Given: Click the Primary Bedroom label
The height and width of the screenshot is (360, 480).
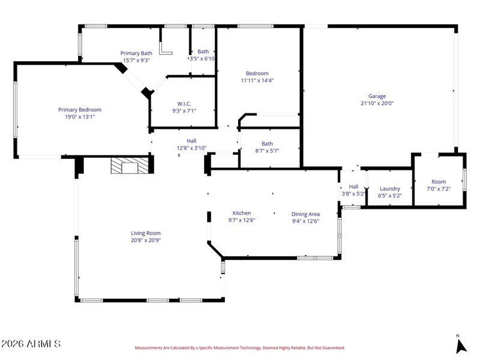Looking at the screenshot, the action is (80, 110).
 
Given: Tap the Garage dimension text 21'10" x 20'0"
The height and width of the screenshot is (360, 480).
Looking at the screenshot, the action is (377, 103).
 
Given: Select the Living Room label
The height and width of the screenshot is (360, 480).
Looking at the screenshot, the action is (146, 233).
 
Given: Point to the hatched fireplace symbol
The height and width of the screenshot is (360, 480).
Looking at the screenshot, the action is (130, 166).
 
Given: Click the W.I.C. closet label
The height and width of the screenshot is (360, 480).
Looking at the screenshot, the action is (184, 104).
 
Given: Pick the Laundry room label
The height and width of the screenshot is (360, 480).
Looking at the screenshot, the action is (389, 188).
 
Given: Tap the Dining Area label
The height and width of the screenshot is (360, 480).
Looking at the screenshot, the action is (305, 214).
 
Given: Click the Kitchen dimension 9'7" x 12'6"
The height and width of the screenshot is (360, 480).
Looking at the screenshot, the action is (242, 220).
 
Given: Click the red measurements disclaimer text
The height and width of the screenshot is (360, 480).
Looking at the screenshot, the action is (240, 348).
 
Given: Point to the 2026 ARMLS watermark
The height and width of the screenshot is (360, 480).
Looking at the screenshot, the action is (31, 343).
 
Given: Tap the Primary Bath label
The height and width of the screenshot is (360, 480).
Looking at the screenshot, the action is (136, 53).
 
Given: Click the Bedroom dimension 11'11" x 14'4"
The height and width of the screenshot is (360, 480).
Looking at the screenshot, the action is (257, 80).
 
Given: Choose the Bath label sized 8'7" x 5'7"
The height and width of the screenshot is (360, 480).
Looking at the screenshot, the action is (267, 143).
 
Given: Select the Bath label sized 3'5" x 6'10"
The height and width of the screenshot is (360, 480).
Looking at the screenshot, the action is (203, 52).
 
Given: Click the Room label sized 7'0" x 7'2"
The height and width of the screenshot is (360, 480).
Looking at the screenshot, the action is (439, 182).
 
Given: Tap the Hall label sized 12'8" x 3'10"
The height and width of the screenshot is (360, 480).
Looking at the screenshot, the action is (191, 141).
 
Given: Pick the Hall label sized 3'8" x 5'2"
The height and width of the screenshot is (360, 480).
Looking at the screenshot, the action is (353, 187).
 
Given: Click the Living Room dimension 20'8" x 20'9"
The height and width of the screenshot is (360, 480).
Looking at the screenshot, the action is (146, 241).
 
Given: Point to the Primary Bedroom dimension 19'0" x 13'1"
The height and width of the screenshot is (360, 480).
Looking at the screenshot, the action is (80, 116).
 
